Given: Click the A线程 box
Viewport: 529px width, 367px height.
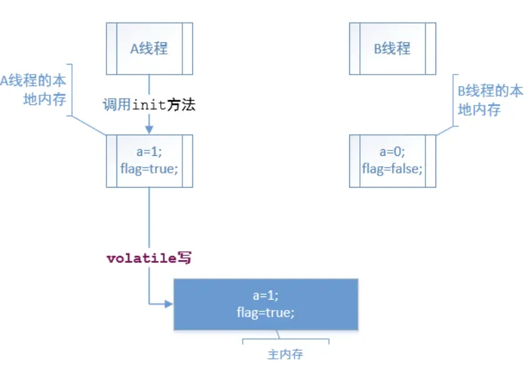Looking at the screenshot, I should (149, 48).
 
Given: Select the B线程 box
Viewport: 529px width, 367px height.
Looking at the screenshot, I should (392, 48).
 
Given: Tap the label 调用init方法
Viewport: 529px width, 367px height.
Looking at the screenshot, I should (149, 105).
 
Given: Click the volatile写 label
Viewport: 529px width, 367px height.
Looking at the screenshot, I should (149, 257).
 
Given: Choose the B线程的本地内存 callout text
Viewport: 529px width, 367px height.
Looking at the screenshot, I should (489, 100).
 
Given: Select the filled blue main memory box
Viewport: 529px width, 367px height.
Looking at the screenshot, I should (265, 304).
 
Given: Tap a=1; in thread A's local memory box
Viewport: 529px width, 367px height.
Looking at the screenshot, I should (149, 152).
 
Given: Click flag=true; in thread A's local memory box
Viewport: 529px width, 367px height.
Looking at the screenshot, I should (149, 168).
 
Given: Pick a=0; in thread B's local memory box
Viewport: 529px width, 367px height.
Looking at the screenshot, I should (392, 152).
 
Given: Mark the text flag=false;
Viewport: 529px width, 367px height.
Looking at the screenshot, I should (392, 168).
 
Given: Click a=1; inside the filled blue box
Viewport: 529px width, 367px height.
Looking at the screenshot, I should (265, 296).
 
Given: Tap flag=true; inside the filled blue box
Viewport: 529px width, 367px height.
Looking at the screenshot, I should (265, 313).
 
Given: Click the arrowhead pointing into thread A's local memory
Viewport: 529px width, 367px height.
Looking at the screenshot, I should (149, 130).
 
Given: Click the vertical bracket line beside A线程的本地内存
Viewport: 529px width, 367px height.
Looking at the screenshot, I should (72, 91).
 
